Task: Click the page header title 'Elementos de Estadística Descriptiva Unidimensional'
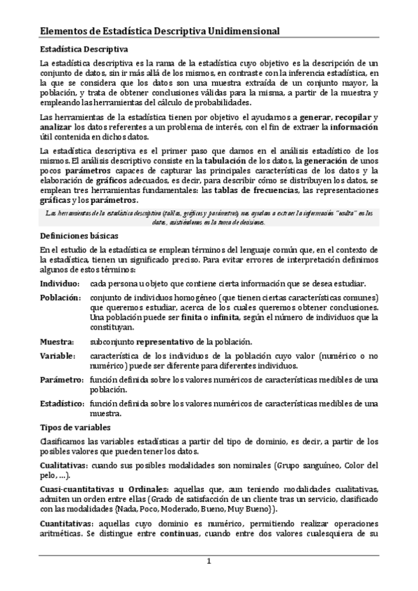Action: [160, 32]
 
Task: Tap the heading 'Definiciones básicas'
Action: [79, 236]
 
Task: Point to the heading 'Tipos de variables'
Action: [73, 427]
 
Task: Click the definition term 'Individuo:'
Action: [59, 284]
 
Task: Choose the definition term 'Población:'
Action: [60, 298]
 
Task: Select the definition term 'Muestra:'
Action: [57, 341]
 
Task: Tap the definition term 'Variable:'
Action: [58, 355]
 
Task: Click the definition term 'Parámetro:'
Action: [61, 379]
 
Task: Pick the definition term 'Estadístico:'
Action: [62, 404]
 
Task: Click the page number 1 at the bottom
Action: [208, 562]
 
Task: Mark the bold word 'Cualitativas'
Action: [64, 465]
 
